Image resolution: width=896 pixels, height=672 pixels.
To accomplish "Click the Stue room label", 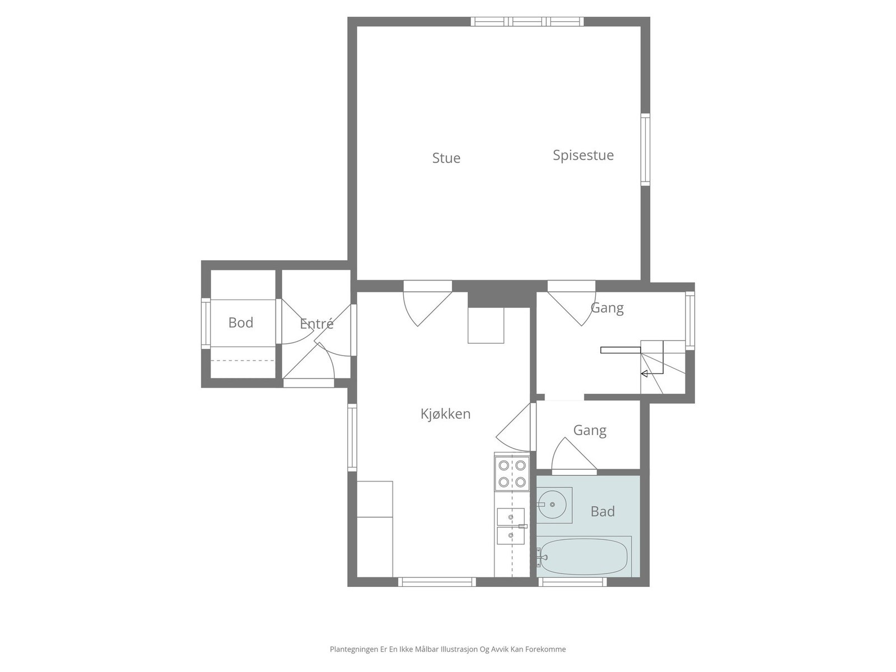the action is pyautogui.click(x=446, y=158).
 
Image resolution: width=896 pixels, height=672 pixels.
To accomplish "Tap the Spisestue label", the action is pyautogui.click(x=583, y=156).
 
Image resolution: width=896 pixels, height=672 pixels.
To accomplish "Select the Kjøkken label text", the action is pyautogui.click(x=445, y=414).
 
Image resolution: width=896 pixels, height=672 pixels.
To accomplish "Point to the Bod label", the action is pyautogui.click(x=241, y=323).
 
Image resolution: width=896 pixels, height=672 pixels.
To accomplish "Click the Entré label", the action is pyautogui.click(x=316, y=324).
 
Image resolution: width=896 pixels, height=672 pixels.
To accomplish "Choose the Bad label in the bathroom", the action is pyautogui.click(x=603, y=511).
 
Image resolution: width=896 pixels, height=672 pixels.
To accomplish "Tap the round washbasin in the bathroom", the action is pyautogui.click(x=552, y=505).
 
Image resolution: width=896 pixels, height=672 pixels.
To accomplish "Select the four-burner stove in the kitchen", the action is pyautogui.click(x=512, y=473).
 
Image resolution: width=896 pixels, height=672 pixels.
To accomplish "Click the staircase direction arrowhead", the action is pyautogui.click(x=644, y=374).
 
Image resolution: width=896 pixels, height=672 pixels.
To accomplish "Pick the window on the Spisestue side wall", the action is pyautogui.click(x=645, y=150).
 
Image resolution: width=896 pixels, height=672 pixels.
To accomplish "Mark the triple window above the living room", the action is pyautogui.click(x=527, y=22).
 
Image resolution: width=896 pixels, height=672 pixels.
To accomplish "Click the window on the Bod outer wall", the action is pyautogui.click(x=206, y=324).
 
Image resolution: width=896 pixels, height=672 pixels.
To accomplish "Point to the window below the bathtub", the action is pyautogui.click(x=572, y=582).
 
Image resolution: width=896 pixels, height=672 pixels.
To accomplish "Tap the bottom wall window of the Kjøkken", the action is pyautogui.click(x=437, y=582).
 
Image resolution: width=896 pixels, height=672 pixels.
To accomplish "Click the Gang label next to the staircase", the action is pyautogui.click(x=607, y=308).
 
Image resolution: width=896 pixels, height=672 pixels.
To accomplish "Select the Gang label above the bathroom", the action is pyautogui.click(x=590, y=431).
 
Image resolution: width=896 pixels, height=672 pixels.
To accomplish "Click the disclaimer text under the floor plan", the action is pyautogui.click(x=448, y=649).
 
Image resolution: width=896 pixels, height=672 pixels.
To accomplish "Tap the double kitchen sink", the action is pyautogui.click(x=511, y=526).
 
